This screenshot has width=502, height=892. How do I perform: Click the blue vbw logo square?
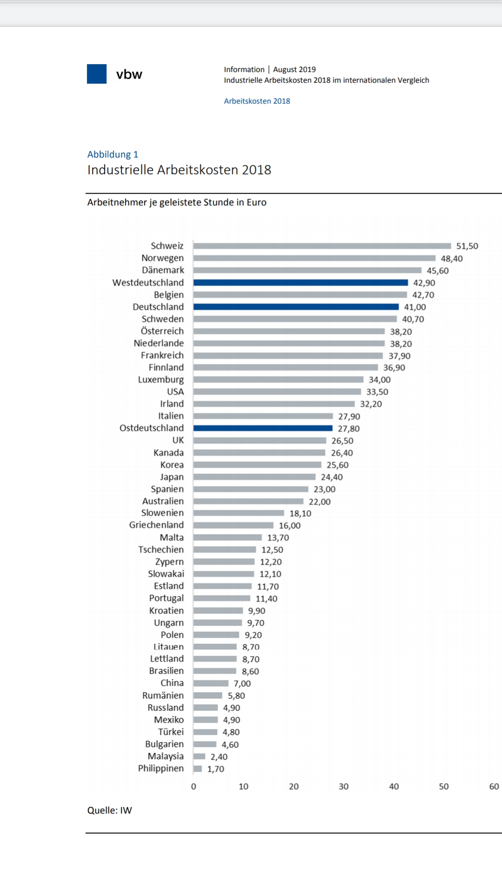click(x=97, y=74)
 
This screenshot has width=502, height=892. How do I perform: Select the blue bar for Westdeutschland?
click(x=300, y=282)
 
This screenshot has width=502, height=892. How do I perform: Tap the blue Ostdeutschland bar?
click(x=263, y=428)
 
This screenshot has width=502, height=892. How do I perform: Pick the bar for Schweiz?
click(x=322, y=246)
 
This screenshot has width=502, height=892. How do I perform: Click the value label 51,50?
click(x=467, y=246)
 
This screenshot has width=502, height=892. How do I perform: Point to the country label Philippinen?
click(x=161, y=768)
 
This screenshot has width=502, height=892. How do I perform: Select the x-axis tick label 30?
click(x=343, y=787)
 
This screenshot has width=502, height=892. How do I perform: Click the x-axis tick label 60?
click(x=494, y=787)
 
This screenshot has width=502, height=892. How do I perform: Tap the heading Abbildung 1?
click(x=113, y=154)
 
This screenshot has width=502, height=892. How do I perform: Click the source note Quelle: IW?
click(x=110, y=810)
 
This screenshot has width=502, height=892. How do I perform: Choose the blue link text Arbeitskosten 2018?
click(x=257, y=101)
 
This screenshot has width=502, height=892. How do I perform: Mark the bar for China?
click(x=211, y=683)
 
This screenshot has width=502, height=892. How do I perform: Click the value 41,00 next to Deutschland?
click(x=415, y=307)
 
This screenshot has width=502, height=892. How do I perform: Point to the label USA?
click(x=175, y=392)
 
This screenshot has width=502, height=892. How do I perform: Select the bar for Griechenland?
click(x=233, y=525)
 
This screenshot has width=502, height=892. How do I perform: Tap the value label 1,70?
click(x=216, y=769)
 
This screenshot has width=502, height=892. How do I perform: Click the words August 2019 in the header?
click(x=294, y=69)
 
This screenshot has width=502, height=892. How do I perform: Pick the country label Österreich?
click(x=162, y=331)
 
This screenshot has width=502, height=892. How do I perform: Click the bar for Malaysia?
click(x=199, y=756)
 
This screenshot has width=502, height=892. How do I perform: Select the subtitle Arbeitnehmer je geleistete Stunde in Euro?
click(x=177, y=202)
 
